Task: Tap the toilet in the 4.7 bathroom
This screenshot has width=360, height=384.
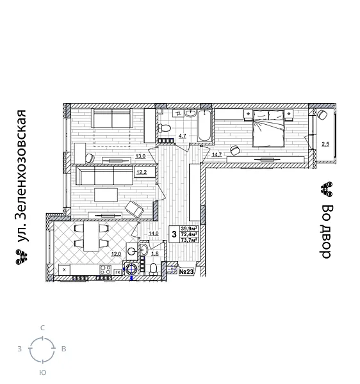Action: [164, 129]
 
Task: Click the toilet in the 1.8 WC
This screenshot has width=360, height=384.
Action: [154, 268]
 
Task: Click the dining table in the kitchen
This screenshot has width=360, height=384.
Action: [91, 236]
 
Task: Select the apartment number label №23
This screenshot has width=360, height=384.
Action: [186, 272]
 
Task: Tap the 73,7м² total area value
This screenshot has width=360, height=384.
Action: [188, 241]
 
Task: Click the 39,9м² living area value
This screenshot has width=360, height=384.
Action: [188, 229]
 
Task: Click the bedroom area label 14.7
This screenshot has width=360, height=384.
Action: [217, 154]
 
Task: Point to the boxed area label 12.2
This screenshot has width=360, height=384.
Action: [142, 172]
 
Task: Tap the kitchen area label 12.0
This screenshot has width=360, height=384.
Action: [115, 254]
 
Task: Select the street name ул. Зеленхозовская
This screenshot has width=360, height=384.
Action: [23, 186]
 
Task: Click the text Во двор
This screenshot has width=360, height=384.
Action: [326, 230]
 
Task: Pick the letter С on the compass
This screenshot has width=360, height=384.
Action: [42, 328]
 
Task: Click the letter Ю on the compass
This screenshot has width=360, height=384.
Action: [42, 372]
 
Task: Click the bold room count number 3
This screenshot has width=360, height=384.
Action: [174, 235]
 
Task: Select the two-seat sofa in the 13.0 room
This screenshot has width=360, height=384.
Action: [112, 118]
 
